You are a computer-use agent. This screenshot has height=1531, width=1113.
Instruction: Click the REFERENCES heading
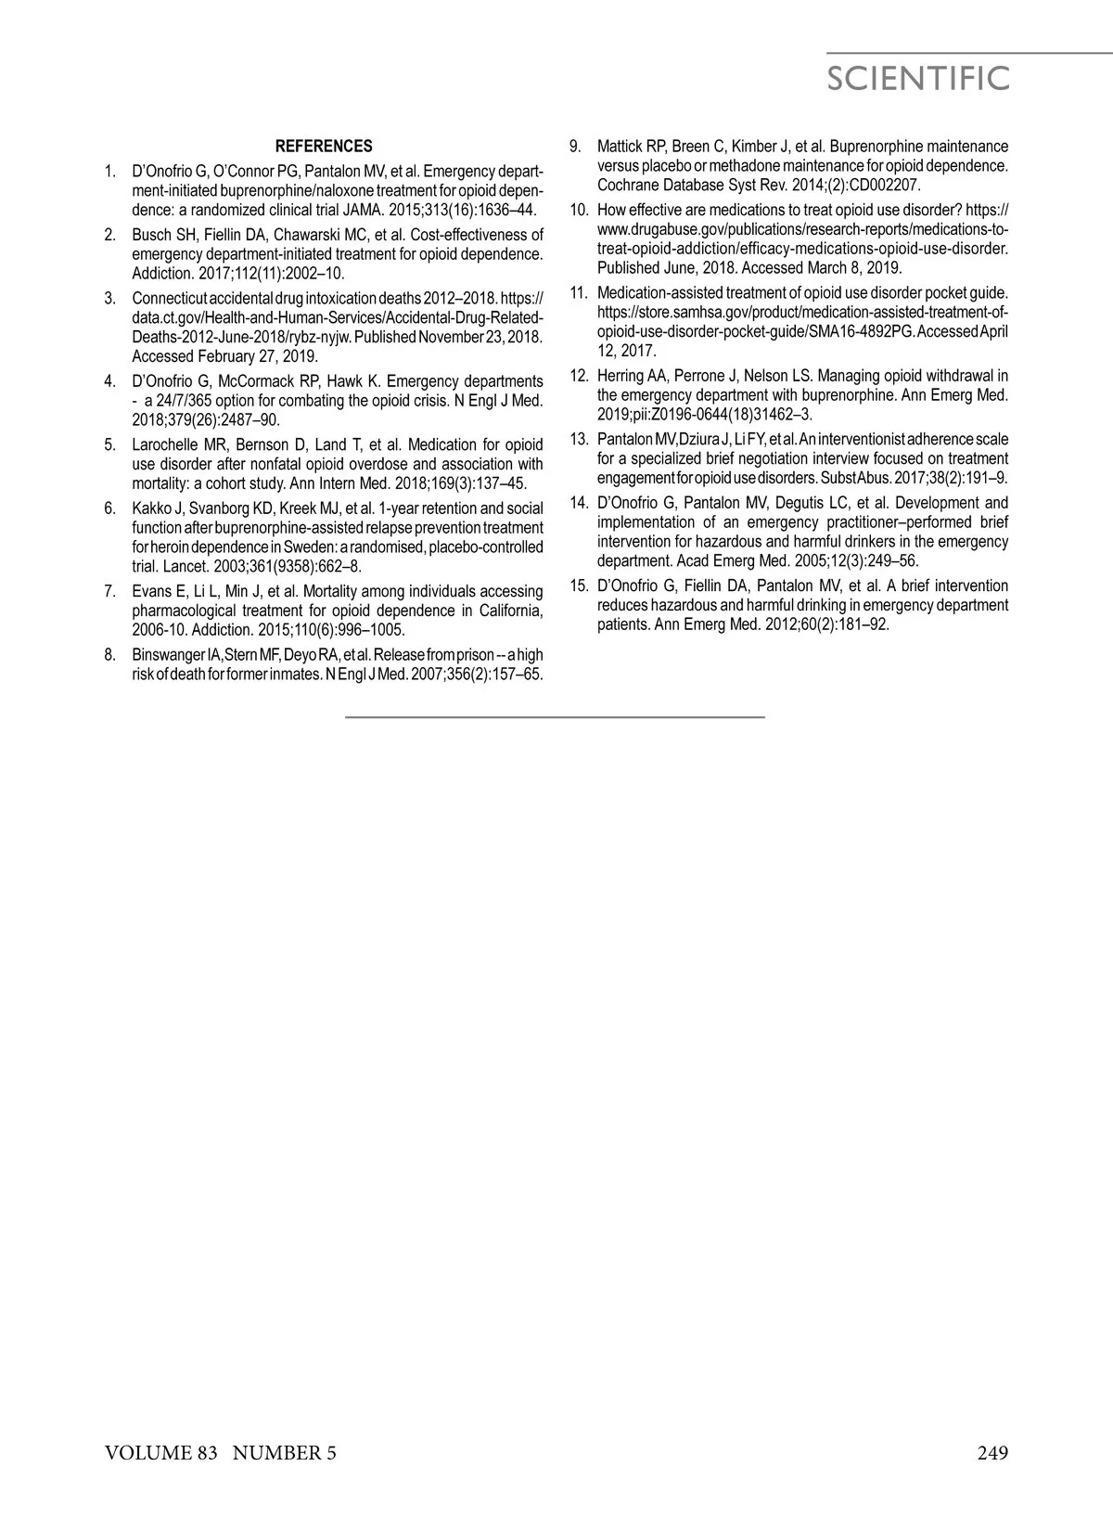(324, 147)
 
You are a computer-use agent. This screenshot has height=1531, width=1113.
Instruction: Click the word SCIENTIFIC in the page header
(917, 80)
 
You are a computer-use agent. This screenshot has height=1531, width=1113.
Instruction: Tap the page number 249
(991, 1453)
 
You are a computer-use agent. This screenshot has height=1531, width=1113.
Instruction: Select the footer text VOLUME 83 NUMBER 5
(221, 1453)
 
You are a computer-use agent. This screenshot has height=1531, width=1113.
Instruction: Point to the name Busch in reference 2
(151, 235)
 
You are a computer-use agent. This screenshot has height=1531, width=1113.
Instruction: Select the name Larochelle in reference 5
(169, 444)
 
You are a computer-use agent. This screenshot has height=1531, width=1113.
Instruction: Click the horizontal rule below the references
(555, 717)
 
